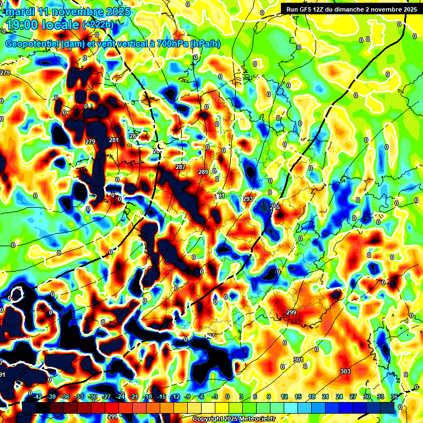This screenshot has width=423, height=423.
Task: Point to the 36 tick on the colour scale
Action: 394,397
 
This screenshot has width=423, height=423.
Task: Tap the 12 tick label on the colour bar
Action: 284,397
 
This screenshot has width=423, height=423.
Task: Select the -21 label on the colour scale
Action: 134,397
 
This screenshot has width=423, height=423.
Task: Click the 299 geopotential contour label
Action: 291,313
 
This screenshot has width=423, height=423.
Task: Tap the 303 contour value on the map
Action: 345,371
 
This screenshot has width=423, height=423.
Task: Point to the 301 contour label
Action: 298,360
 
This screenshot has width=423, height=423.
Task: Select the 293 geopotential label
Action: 248,199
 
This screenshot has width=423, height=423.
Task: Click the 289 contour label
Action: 203,172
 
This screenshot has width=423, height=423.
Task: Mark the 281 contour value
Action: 114,140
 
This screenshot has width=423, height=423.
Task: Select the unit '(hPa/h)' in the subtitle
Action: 205,44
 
